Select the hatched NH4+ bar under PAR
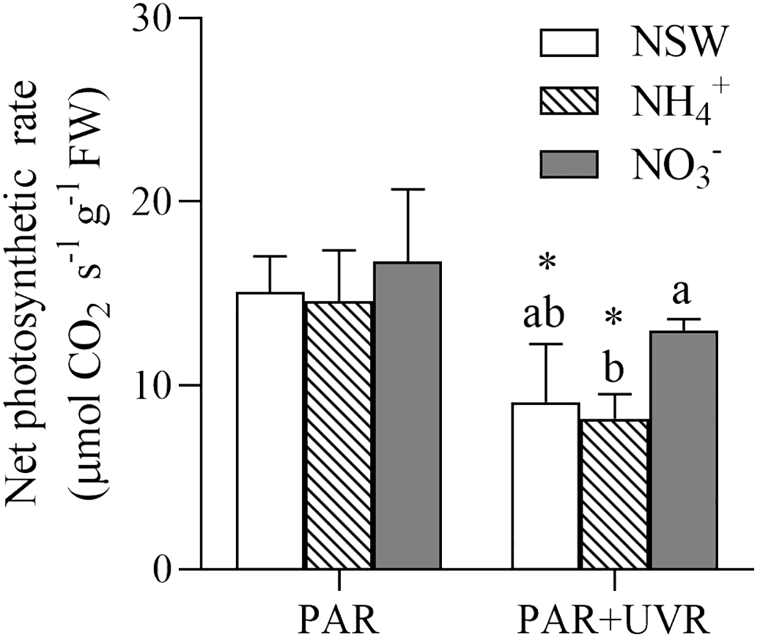[x=339, y=435]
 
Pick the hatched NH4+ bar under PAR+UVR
[x=614, y=494]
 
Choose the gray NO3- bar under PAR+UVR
[x=683, y=450]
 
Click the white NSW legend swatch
[x=569, y=43]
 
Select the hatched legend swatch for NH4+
[x=569, y=104]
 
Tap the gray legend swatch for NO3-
[x=569, y=165]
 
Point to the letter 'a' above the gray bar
[x=684, y=295]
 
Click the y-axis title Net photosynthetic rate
[x=29, y=293]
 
